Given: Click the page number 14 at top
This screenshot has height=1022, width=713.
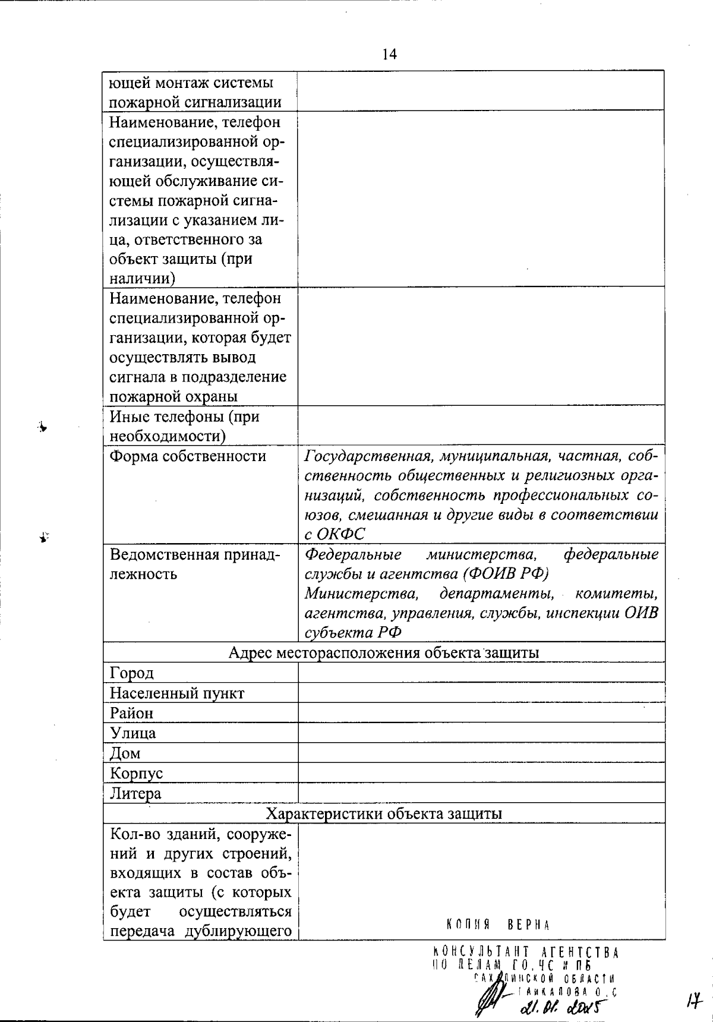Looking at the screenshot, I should [x=389, y=55].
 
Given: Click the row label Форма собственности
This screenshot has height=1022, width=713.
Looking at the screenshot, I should [x=188, y=456].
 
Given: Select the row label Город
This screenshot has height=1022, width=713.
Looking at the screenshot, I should [x=132, y=673].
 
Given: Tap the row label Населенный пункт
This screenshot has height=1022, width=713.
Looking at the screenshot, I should [x=177, y=693].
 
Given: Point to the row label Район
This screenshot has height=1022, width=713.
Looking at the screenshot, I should [x=131, y=713].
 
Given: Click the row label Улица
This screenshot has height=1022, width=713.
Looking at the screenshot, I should [x=133, y=733].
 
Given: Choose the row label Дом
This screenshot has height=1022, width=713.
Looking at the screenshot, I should [x=125, y=753].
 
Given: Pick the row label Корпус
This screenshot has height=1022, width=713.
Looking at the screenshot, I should [x=136, y=774].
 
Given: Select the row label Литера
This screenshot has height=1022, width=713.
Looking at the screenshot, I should [x=135, y=794].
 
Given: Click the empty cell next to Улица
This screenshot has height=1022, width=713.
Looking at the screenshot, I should [x=481, y=733].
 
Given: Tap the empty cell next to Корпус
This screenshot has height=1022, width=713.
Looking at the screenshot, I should [x=481, y=774].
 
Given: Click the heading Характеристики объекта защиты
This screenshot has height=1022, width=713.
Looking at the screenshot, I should [x=384, y=813].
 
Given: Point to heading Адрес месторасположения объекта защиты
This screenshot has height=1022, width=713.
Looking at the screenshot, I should [x=384, y=652].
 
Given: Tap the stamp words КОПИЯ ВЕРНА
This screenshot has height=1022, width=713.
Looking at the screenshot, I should [x=498, y=925].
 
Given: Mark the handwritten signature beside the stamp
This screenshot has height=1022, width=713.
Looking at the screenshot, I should [x=493, y=998].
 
